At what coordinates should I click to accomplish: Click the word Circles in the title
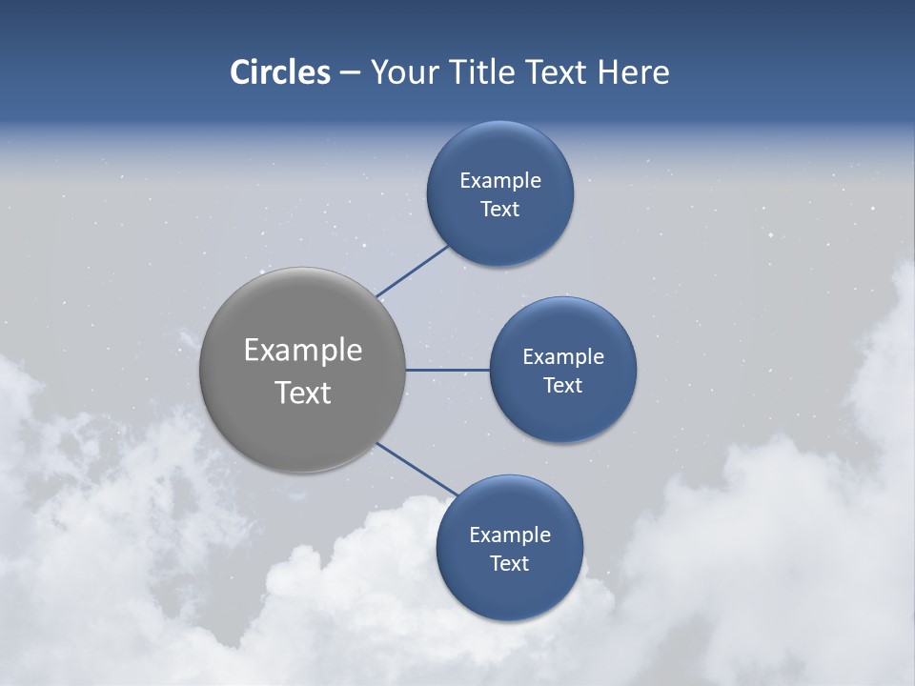tap(280, 72)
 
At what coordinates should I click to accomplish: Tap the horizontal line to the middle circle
tap(447, 370)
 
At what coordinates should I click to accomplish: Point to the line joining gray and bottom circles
tap(417, 469)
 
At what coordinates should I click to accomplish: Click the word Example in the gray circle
tap(303, 351)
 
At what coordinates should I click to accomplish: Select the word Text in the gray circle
tap(303, 393)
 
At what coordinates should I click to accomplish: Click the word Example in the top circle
tap(500, 181)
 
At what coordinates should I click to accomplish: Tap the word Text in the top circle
tap(500, 210)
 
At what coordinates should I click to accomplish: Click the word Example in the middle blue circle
tap(563, 357)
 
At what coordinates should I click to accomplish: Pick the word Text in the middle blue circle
tap(563, 386)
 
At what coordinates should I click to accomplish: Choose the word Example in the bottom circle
tap(510, 535)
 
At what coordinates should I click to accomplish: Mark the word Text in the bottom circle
tap(510, 564)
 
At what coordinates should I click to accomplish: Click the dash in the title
tap(350, 73)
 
